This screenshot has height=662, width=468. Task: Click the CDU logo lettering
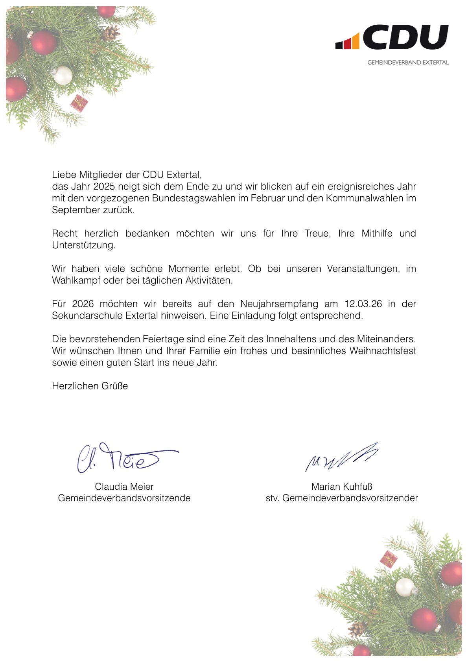click(405, 37)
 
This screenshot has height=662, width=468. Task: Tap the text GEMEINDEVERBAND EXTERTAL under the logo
click(408, 63)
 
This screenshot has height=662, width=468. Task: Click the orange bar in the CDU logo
click(355, 41)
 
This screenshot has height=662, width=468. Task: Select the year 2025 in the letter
click(104, 186)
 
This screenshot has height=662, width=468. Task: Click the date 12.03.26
click(363, 304)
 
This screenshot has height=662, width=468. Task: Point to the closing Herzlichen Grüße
click(90, 386)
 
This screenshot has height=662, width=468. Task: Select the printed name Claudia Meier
click(124, 487)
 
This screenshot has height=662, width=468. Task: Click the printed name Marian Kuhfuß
click(341, 487)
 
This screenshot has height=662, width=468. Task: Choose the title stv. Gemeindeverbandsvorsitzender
click(341, 498)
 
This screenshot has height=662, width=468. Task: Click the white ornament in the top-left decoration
click(63, 76)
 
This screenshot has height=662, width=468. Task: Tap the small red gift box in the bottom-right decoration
click(389, 559)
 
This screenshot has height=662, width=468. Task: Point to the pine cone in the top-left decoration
click(111, 33)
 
